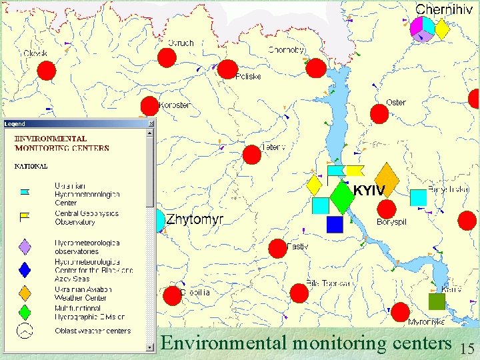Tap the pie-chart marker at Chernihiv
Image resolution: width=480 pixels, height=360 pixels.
coord(423,28)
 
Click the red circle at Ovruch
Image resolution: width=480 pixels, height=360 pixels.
coord(167,58)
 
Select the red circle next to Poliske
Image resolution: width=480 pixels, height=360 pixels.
coord(227,68)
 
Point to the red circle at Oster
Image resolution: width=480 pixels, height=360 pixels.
coord(379,114)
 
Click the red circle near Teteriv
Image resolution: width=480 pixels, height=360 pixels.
coord(252,155)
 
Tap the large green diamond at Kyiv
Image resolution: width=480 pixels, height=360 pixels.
coord(341,197)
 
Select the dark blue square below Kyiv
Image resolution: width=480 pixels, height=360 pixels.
coord(335,224)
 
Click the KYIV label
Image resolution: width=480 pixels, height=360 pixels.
coord(369,191)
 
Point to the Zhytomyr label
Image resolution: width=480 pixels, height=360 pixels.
coord(195,219)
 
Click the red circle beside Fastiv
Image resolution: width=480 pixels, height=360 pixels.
coord(277,249)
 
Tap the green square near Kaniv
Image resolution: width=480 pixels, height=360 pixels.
coord(437,302)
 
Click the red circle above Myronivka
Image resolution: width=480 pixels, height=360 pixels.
coord(400,312)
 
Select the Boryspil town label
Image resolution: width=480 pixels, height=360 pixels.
coord(391,222)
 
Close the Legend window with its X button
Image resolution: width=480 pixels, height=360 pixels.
coord(151,123)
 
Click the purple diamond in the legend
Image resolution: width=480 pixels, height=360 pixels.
coord(25,247)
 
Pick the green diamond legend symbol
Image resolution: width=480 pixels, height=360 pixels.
coord(25,311)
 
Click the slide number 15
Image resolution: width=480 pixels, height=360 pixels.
coord(468,347)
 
